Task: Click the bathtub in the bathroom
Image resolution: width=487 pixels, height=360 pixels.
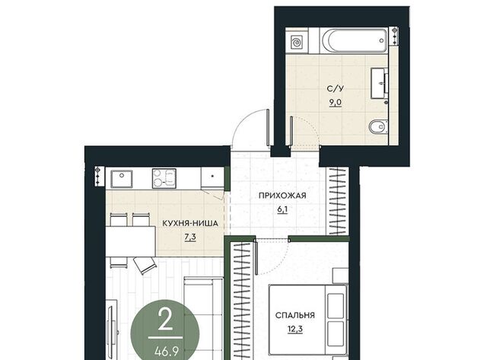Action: [354, 40]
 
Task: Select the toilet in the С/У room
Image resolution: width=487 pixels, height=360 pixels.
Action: [378, 126]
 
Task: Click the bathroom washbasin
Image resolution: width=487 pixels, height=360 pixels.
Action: [380, 84]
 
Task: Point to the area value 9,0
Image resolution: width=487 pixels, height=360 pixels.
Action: [336, 102]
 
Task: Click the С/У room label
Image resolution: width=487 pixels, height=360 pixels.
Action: [336, 89]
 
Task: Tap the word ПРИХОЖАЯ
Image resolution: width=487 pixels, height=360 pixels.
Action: [282, 196]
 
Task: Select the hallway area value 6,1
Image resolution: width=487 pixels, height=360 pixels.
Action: [282, 209]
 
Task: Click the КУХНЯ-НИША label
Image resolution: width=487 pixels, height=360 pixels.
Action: [190, 223]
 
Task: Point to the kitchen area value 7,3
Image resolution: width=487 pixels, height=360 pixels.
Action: [190, 237]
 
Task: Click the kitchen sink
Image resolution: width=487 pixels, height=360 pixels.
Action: [122, 179]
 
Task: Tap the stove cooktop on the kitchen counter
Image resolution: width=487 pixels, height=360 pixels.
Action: [164, 178]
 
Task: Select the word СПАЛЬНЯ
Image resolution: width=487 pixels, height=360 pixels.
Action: [295, 315]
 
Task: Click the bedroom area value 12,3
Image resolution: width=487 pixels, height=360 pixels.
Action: [295, 329]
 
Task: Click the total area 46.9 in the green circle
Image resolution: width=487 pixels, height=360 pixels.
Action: [167, 352]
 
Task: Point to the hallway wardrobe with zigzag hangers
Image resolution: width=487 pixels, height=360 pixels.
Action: [337, 201]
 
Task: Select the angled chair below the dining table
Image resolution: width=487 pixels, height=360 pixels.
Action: [145, 265]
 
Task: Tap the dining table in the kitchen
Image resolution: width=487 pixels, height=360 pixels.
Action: [130, 241]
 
